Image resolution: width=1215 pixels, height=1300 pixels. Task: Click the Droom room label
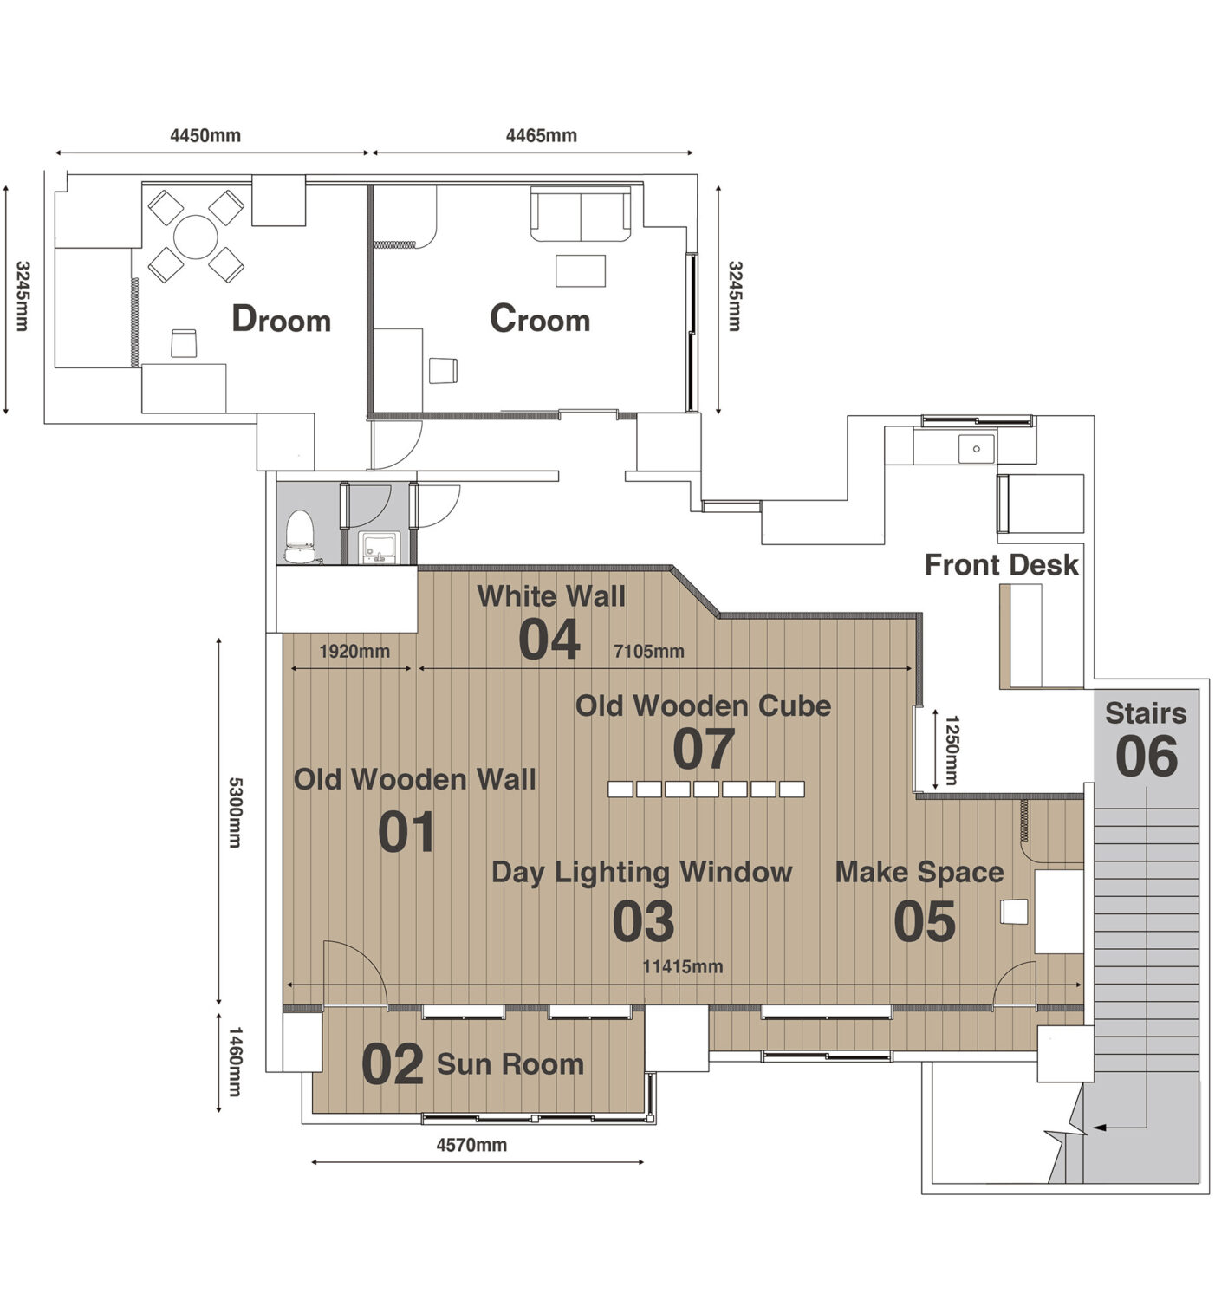[281, 319]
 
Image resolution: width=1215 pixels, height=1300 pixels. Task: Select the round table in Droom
[195, 237]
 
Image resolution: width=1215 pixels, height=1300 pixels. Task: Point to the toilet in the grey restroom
[299, 536]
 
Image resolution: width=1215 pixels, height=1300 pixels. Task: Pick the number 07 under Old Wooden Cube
[703, 749]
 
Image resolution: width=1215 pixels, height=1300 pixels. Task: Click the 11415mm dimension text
[682, 967]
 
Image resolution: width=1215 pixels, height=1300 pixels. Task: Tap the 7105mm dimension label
[648, 652]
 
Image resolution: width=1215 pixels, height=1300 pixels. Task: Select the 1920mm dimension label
[354, 652]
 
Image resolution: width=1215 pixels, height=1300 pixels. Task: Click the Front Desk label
[1001, 565]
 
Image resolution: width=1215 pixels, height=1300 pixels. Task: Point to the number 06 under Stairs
[1146, 757]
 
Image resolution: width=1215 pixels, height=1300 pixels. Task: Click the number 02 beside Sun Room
[392, 1063]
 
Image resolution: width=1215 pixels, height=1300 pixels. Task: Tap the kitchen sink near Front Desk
[976, 449]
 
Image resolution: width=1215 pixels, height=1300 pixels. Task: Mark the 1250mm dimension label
[952, 751]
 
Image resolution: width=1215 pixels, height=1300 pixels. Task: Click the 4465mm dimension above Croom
[541, 135]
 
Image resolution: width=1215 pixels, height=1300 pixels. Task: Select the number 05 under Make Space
[924, 921]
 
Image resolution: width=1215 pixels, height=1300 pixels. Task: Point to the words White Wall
[550, 595]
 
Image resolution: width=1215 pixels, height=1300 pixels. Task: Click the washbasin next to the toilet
[379, 547]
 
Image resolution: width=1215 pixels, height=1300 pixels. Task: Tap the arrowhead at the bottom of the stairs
[1099, 1128]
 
